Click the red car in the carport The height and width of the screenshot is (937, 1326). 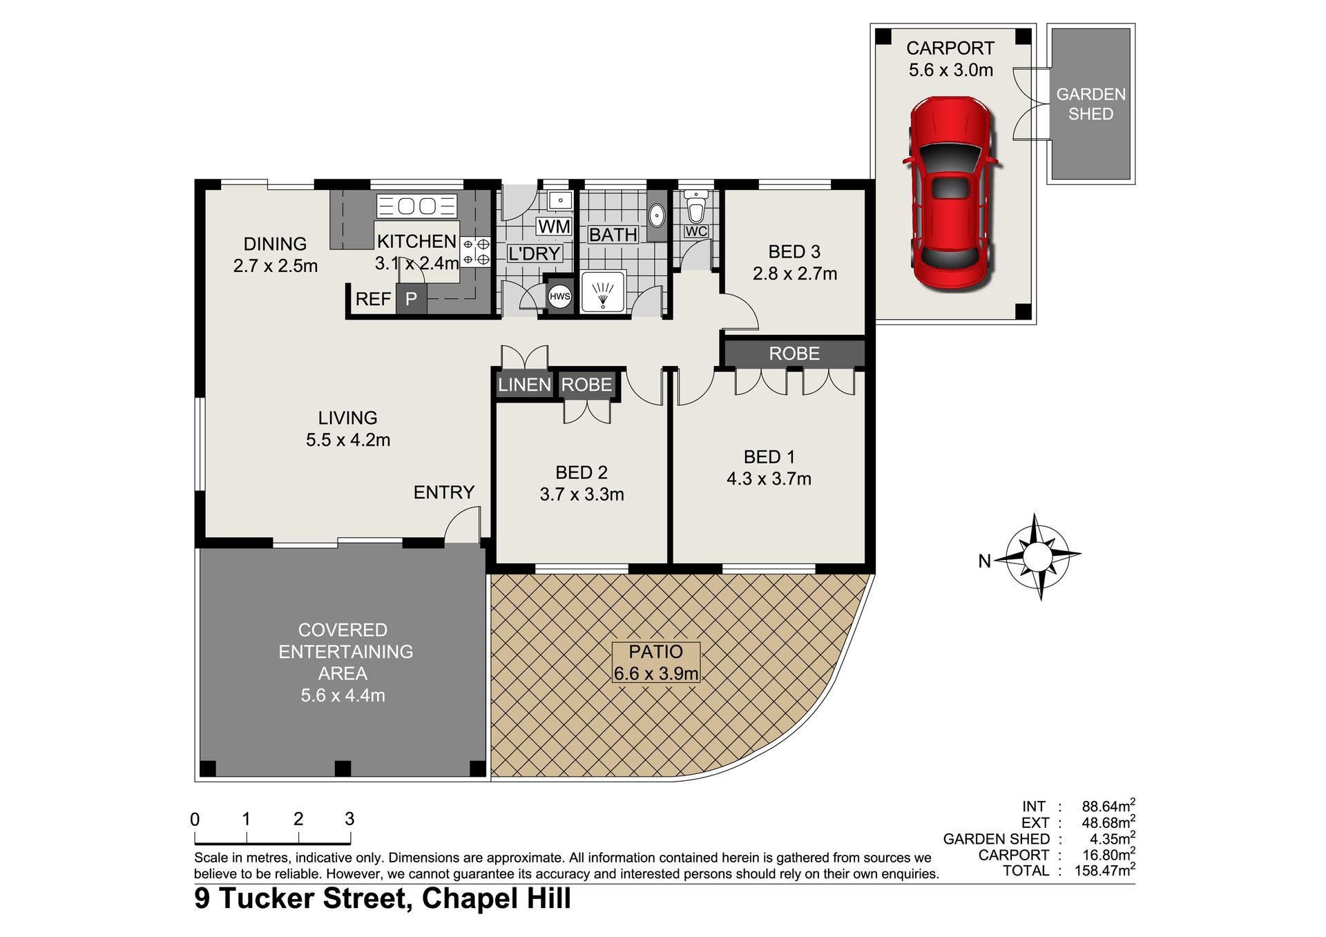click(950, 193)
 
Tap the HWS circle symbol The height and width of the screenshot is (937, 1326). click(559, 297)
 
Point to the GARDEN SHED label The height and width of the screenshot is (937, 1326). click(1090, 104)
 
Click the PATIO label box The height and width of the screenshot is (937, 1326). click(656, 662)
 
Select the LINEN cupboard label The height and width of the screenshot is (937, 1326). click(524, 385)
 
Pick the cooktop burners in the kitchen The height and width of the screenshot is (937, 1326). click(476, 251)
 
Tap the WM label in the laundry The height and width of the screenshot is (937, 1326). click(554, 226)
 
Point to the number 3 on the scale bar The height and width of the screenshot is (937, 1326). click(349, 819)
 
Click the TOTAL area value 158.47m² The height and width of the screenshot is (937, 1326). click(1104, 870)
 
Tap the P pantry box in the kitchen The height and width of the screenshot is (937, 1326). click(411, 299)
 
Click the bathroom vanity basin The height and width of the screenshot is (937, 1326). click(657, 216)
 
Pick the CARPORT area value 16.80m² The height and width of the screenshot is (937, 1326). click(1108, 855)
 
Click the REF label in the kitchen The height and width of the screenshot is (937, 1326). click(373, 299)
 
